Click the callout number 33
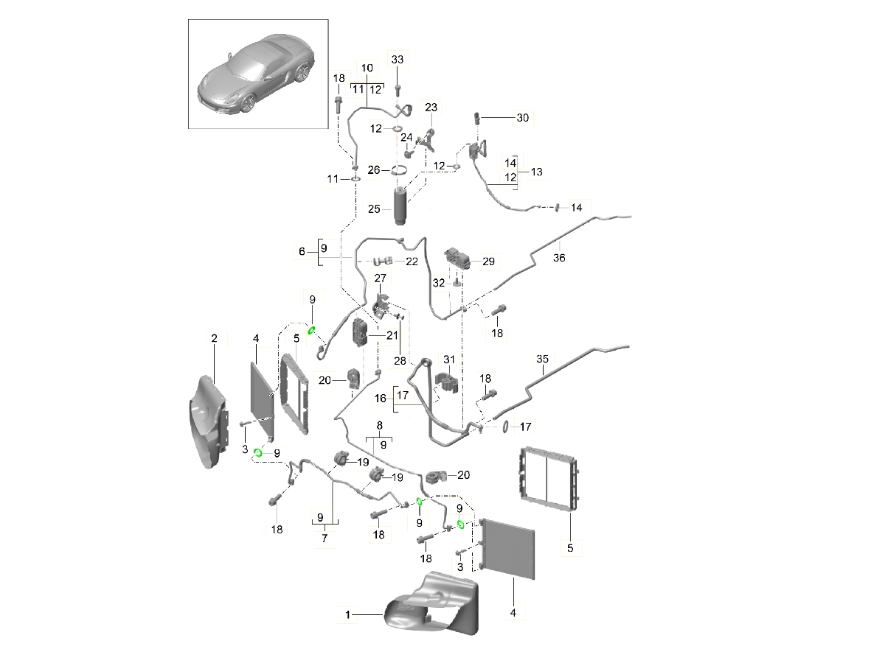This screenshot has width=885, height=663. click(x=398, y=59)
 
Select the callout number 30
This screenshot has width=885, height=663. click(x=523, y=118)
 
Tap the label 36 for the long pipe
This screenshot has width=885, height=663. click(x=559, y=258)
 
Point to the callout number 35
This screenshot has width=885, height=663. click(x=542, y=360)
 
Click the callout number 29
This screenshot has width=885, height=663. click(x=488, y=262)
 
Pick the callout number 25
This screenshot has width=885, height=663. click(x=375, y=209)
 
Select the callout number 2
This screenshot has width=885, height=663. click(x=214, y=338)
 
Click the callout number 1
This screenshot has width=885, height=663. click(x=348, y=614)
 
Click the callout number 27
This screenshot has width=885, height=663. click(x=381, y=278)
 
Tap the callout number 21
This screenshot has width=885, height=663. click(x=392, y=335)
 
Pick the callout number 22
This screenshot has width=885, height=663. click(x=412, y=262)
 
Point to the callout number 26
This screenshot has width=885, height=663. click(x=374, y=170)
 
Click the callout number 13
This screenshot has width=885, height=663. click(x=536, y=172)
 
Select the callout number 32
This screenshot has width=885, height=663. click(x=438, y=282)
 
